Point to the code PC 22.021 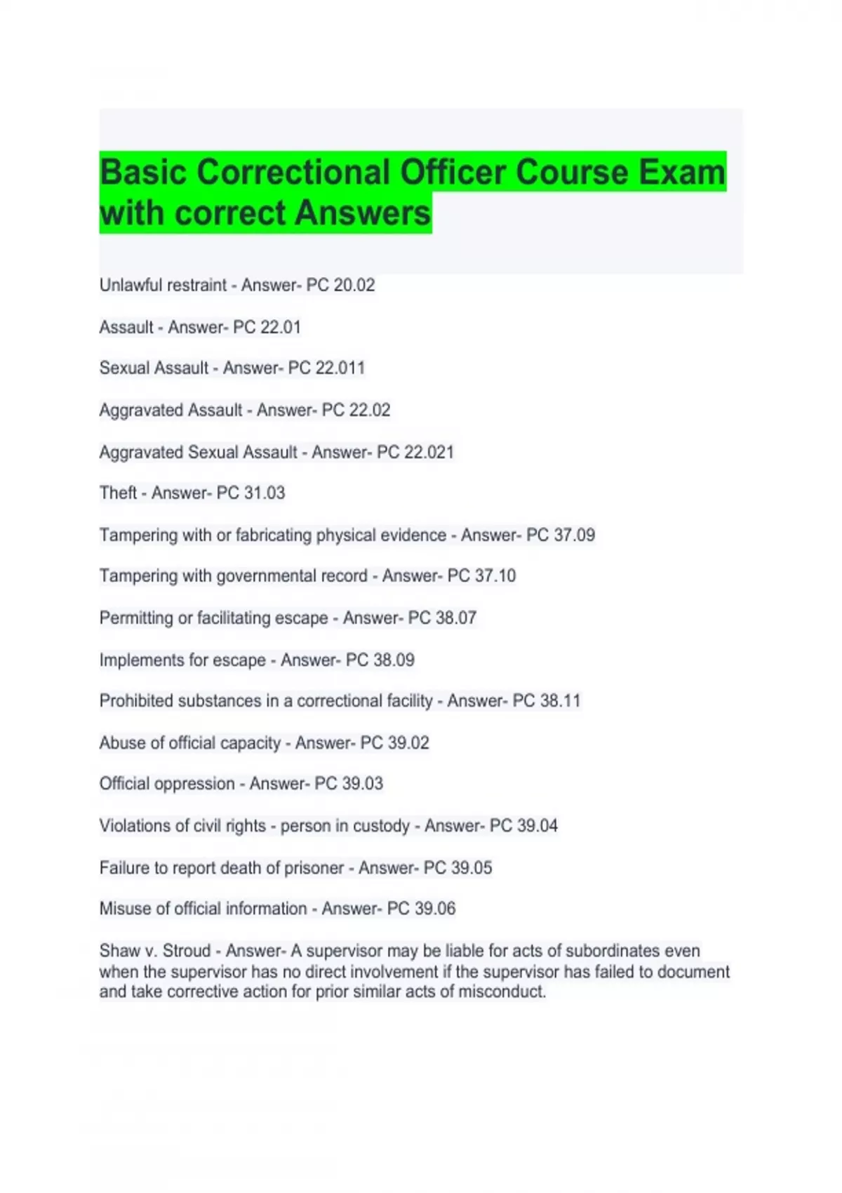pyautogui.click(x=415, y=453)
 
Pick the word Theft pyautogui.click(x=118, y=493)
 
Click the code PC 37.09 pyautogui.click(x=560, y=535)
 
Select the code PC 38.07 pyautogui.click(x=442, y=618)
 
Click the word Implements pyautogui.click(x=138, y=660)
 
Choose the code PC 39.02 pyautogui.click(x=394, y=743)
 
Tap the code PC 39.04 pyautogui.click(x=523, y=826)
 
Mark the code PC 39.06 pyautogui.click(x=421, y=909)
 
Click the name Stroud pyautogui.click(x=186, y=951)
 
